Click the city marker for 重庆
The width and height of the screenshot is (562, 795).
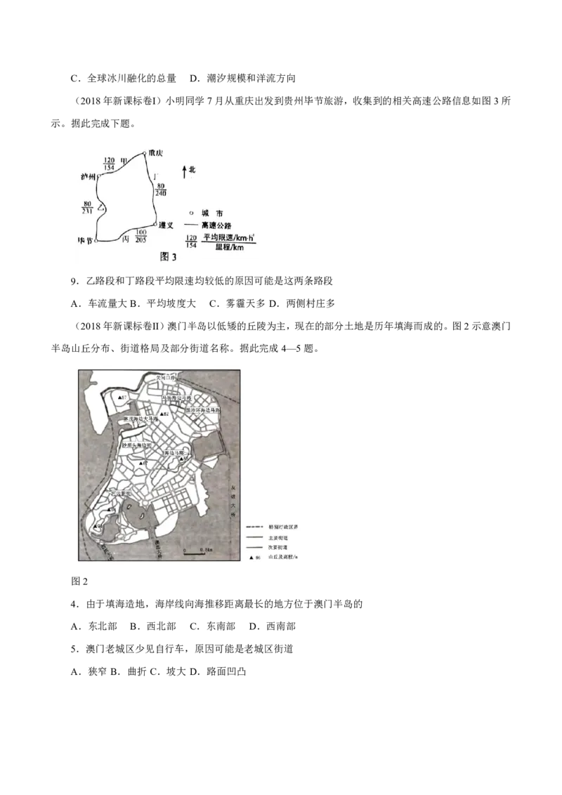(144, 152)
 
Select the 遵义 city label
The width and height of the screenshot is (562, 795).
(166, 225)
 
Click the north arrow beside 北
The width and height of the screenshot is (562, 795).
(183, 171)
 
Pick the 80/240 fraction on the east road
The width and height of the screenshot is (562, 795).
(162, 189)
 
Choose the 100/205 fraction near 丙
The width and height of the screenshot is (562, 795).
(141, 235)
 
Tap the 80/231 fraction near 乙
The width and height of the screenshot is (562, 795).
(88, 209)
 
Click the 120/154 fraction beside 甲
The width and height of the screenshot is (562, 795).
(109, 164)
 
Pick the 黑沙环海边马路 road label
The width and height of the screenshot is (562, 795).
(203, 409)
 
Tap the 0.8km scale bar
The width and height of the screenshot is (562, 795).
(195, 554)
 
